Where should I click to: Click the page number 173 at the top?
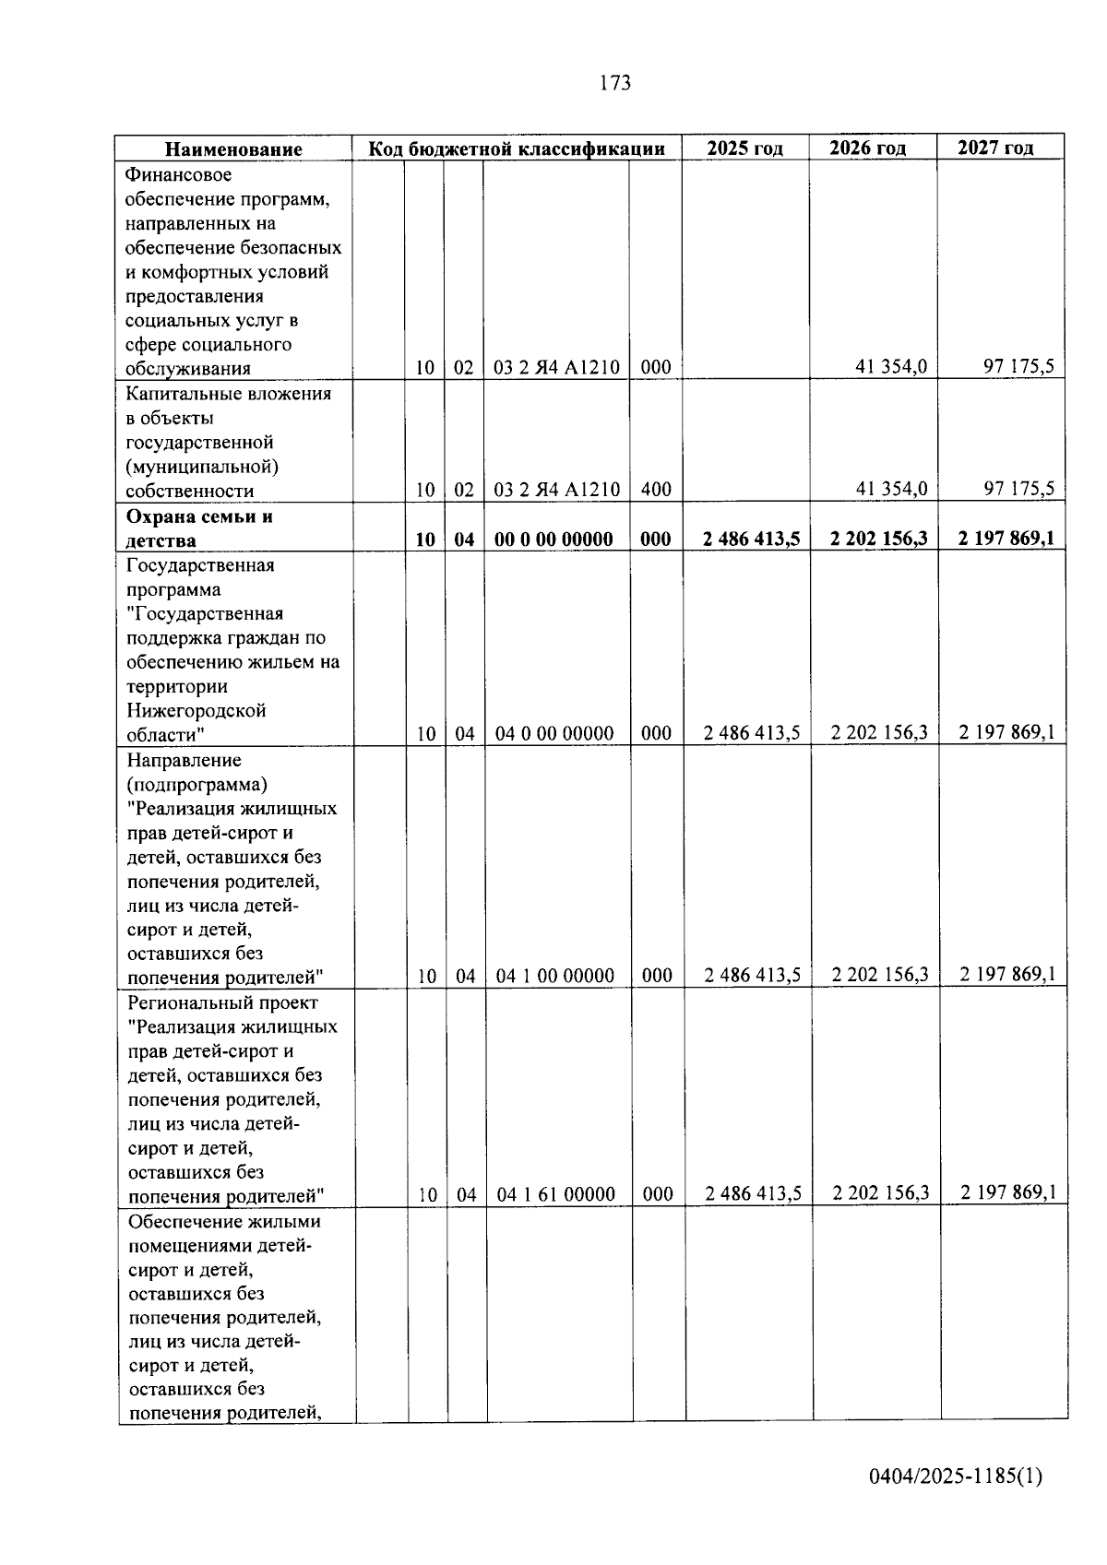click(615, 83)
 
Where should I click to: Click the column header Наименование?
click(233, 149)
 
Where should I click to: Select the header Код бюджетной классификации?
click(517, 148)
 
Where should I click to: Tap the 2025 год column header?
click(744, 148)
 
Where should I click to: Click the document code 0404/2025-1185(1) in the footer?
click(956, 1476)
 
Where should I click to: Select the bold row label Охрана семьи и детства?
click(198, 528)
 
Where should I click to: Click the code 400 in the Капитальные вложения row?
click(655, 490)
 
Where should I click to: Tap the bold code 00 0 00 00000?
click(553, 539)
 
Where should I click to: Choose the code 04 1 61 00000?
click(555, 1194)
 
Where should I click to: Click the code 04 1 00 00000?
click(554, 976)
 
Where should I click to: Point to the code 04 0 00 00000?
click(553, 734)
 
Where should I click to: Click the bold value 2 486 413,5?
click(750, 539)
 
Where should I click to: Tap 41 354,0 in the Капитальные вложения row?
click(891, 489)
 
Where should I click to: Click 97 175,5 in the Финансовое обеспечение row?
click(1018, 367)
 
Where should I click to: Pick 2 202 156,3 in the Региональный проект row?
click(879, 1192)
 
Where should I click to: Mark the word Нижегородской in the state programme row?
click(196, 711)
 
